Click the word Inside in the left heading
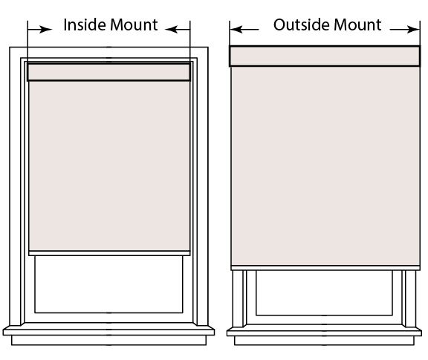(x=85, y=24)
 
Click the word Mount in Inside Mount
(x=134, y=24)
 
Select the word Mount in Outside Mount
(x=357, y=24)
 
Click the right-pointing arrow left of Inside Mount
(x=40, y=29)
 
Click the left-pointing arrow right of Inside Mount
(x=178, y=29)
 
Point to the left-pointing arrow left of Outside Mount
(x=244, y=29)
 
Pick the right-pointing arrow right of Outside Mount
(x=405, y=29)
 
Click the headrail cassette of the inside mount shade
(x=108, y=72)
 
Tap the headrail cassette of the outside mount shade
(x=325, y=56)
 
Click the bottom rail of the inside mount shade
(x=109, y=253)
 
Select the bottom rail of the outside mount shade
(x=325, y=268)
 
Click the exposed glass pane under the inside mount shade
(x=108, y=284)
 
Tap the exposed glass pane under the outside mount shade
(x=324, y=292)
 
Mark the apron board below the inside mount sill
(x=109, y=340)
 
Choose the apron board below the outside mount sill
(x=324, y=341)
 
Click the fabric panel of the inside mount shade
(x=109, y=166)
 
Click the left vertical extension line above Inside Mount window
(x=27, y=42)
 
